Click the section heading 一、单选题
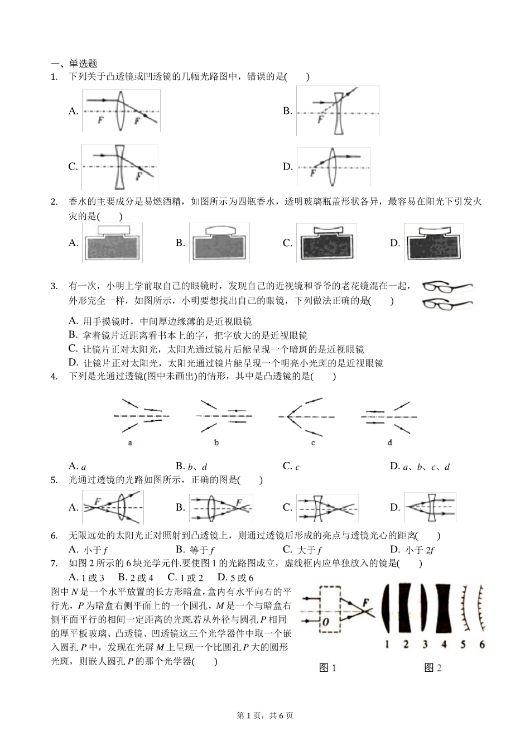coord(74,64)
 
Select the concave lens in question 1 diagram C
coord(120,167)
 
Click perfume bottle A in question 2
coord(113,243)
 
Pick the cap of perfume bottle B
coord(219,230)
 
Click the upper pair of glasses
coord(446,287)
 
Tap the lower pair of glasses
coord(446,304)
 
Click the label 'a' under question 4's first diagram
coord(130,443)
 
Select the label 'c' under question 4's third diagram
coord(313,443)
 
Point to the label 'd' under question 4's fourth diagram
coord(389,443)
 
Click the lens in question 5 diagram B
coord(211,507)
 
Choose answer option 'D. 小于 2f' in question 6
coord(412,550)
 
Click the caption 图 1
coord(327,667)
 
